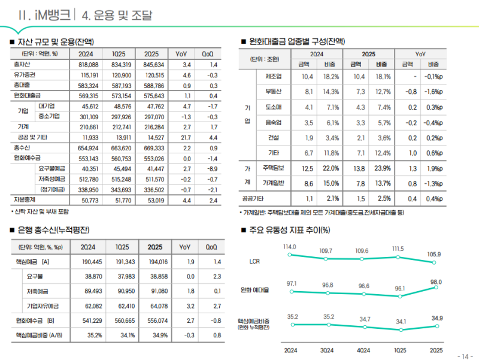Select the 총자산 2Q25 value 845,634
(154, 65)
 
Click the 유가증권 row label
(25, 75)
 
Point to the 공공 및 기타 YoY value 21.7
(186, 137)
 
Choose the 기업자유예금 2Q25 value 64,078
(154, 306)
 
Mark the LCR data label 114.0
(290, 247)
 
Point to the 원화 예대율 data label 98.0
(435, 282)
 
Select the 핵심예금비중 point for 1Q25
(399, 330)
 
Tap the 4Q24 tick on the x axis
(363, 350)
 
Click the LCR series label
(254, 261)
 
